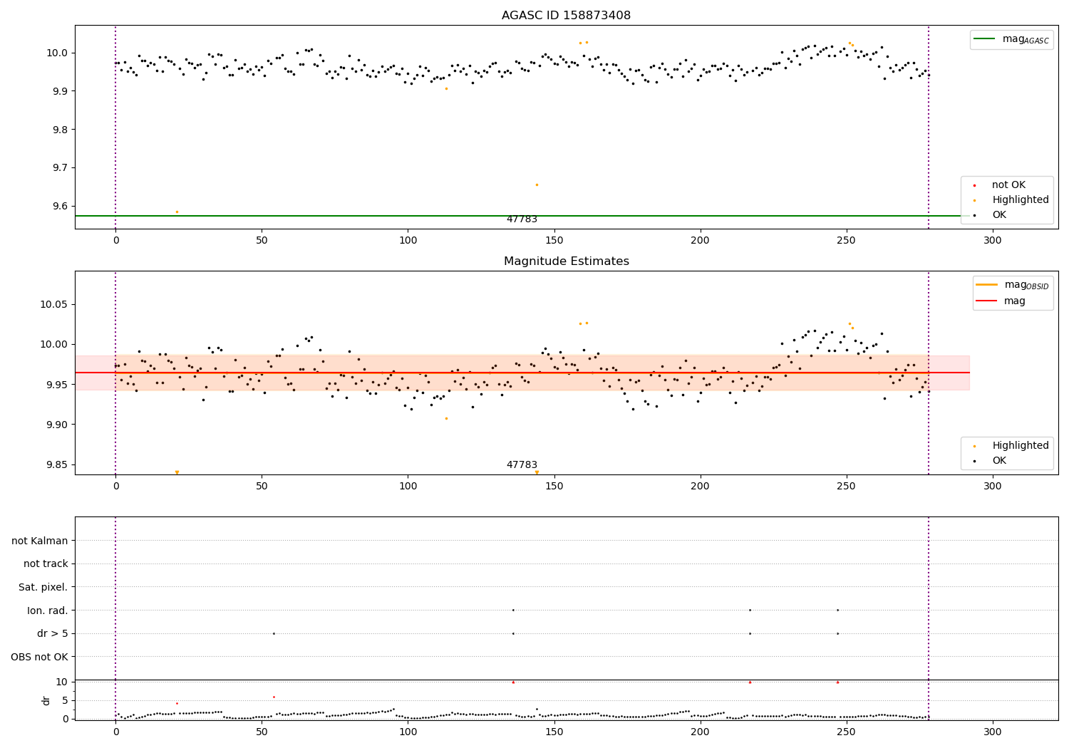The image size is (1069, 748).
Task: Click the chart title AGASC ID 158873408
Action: (566, 16)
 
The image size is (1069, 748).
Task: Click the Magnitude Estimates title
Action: (566, 261)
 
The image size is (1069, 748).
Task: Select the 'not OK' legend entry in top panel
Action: (1008, 185)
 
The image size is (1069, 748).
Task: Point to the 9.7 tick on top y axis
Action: (59, 168)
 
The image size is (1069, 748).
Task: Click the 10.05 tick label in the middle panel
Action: (56, 305)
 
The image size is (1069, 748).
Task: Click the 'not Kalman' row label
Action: (40, 541)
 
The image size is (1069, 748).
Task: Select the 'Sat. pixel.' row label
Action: (43, 588)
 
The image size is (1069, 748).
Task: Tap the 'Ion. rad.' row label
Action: (48, 611)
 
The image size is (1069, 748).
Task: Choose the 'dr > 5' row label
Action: (53, 634)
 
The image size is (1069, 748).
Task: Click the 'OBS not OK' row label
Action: (40, 657)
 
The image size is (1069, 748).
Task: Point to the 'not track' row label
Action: (46, 564)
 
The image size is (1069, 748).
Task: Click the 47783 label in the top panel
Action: (522, 219)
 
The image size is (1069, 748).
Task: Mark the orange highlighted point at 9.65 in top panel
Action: (537, 185)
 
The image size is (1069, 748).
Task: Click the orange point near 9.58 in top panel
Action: (177, 212)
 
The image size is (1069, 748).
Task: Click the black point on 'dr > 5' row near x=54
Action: (274, 633)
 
